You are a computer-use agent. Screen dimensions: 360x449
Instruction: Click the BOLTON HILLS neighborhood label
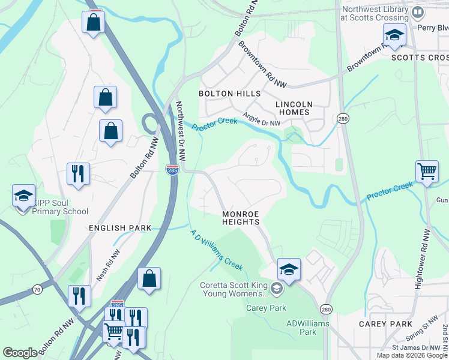230,94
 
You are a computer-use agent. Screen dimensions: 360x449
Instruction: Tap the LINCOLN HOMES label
292,108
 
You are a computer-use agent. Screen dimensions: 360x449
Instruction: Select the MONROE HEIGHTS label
240,218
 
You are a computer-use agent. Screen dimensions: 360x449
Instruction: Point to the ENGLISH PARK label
120,228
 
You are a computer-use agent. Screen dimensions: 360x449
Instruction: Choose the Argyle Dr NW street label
262,119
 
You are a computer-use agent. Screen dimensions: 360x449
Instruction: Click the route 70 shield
37,290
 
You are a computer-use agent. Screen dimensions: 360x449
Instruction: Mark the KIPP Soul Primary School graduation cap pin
23,197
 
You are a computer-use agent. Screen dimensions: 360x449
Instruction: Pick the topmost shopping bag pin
94,23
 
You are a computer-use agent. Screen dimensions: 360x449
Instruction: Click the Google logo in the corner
20,353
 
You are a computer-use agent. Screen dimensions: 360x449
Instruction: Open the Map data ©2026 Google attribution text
412,355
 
